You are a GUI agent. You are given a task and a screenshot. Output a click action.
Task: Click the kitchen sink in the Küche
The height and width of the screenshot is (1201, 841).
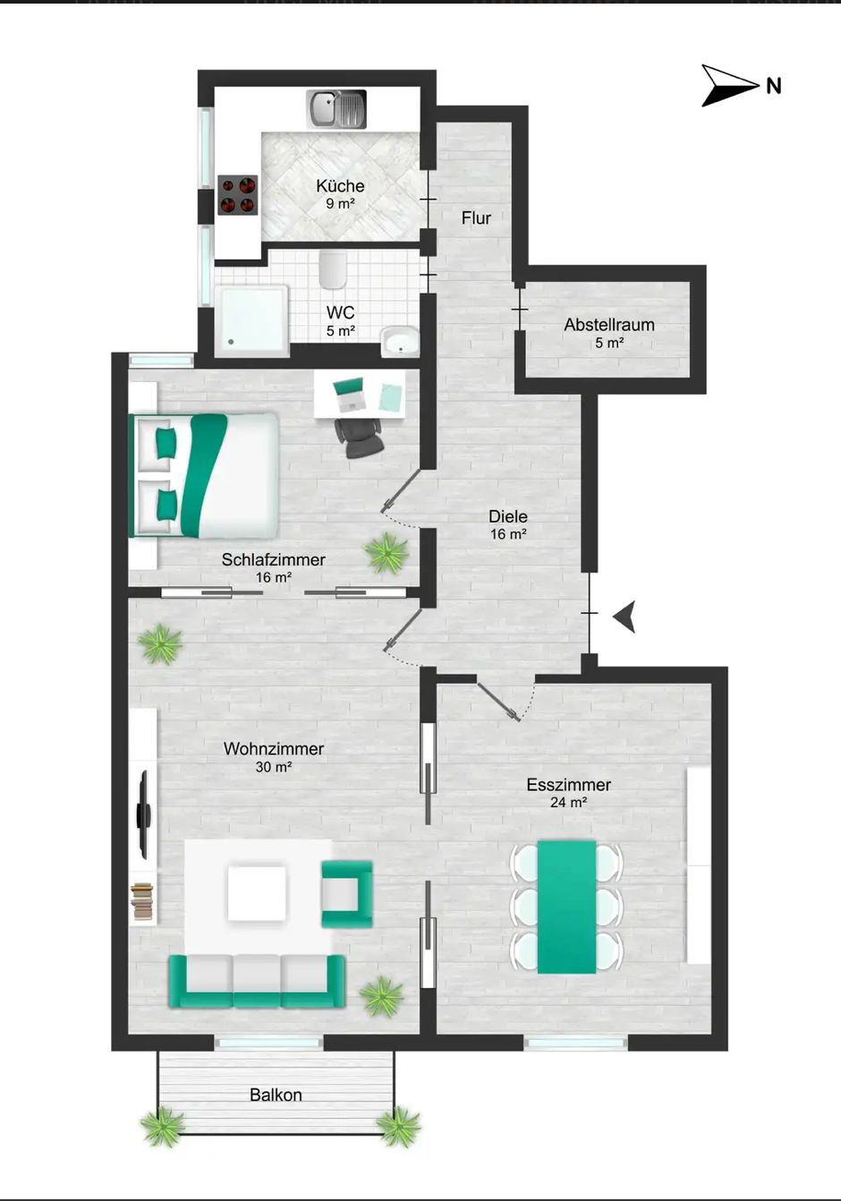pos(336,109)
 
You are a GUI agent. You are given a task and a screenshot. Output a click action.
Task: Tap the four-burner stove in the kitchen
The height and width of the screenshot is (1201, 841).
pos(238,195)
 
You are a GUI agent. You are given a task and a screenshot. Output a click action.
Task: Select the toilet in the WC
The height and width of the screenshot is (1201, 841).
pos(332,269)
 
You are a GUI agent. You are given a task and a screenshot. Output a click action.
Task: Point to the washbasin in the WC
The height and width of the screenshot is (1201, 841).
pos(400,342)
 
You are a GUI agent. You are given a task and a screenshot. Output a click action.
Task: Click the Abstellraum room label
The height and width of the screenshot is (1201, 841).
pos(609,325)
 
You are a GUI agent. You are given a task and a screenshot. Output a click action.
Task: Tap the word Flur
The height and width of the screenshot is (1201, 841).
pos(476,218)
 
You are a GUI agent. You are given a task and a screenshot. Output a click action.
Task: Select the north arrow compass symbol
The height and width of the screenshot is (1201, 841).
pos(730,85)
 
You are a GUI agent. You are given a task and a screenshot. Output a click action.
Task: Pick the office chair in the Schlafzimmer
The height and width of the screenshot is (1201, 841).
pos(359,438)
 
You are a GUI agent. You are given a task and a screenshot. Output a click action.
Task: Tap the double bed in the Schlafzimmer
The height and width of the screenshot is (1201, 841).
pos(204,475)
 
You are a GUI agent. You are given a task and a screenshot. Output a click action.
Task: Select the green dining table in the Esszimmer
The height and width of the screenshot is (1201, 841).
pos(567,907)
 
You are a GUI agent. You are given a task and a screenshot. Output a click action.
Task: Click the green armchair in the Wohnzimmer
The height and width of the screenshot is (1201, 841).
pos(347,894)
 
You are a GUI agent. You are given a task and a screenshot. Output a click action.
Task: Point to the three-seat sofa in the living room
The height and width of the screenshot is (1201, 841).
pos(258,982)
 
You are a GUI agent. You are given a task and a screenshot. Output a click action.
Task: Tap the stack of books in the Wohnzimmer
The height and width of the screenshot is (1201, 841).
pos(142,901)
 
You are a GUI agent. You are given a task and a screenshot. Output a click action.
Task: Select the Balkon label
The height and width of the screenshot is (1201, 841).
pos(276,1095)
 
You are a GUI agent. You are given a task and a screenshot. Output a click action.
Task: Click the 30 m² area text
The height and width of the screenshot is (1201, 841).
pos(274,767)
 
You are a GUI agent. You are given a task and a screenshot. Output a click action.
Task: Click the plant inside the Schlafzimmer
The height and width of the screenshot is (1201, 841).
pos(387,553)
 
